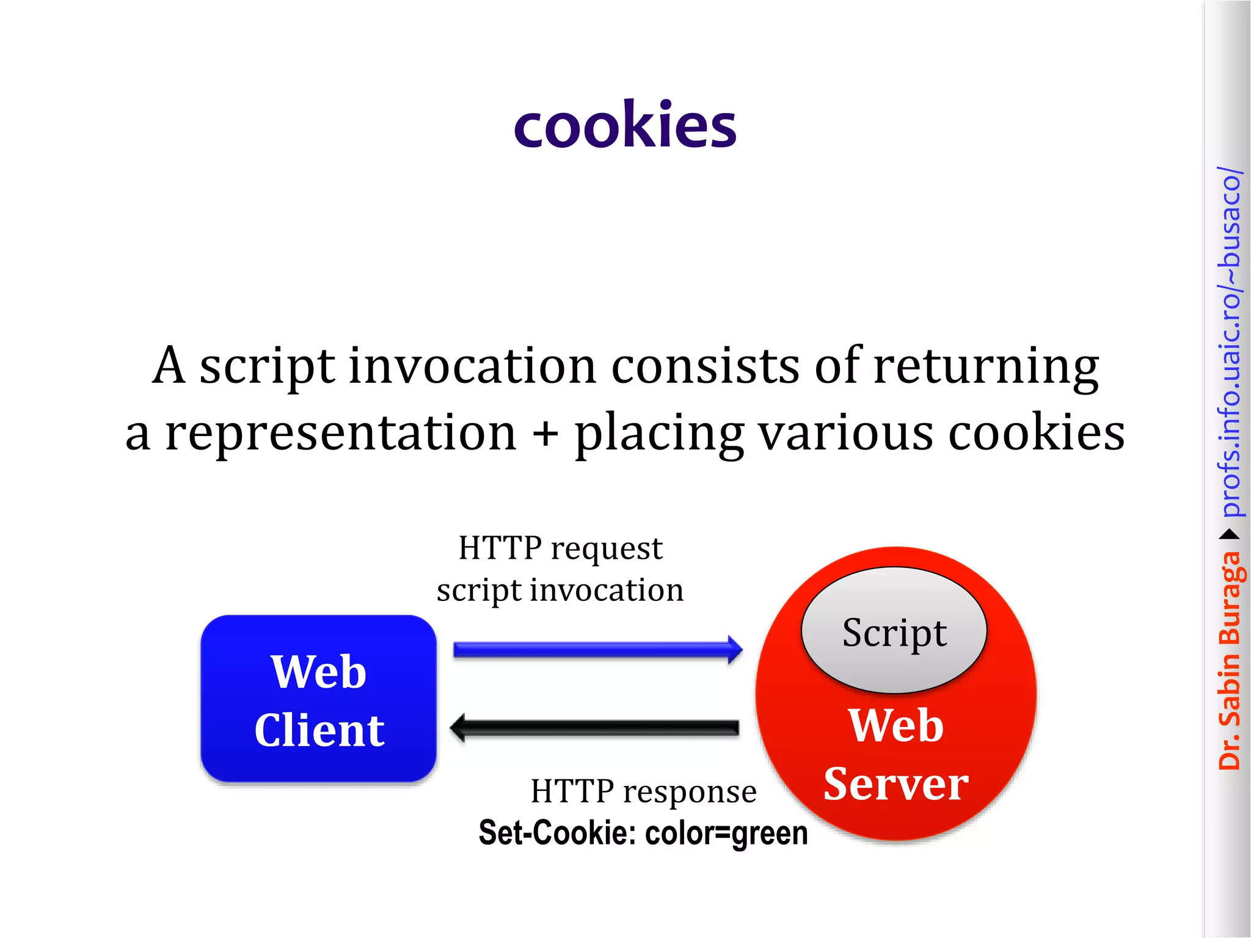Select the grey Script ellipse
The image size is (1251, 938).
click(x=894, y=630)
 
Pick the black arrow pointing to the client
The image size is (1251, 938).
click(x=595, y=727)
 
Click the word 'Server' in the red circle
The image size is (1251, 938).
click(x=895, y=784)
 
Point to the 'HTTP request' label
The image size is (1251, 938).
click(x=560, y=548)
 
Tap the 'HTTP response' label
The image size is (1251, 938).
click(x=643, y=791)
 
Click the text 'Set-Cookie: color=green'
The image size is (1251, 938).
click(x=643, y=833)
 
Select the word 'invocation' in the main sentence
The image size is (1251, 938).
click(x=472, y=366)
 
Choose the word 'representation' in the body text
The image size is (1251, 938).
click(x=341, y=432)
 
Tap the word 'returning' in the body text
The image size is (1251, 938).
click(x=986, y=366)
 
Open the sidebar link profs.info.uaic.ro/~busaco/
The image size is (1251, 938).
click(x=1230, y=342)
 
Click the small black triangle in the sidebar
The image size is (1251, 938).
click(x=1230, y=535)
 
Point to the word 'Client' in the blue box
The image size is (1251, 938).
click(x=319, y=730)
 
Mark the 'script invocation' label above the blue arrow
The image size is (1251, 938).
click(x=560, y=591)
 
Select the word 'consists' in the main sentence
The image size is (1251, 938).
click(x=705, y=366)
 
